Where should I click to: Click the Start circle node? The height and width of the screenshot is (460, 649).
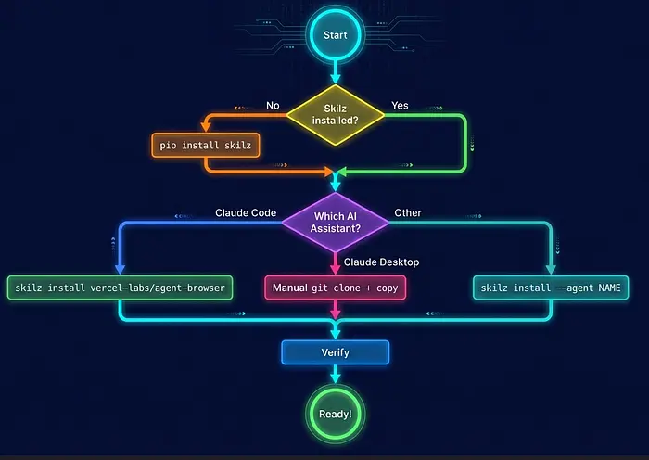tap(335, 36)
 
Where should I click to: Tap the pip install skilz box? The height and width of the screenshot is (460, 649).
tap(205, 145)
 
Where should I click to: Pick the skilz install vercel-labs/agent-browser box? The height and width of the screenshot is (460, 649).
tap(120, 288)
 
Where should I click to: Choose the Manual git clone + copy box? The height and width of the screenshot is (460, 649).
tap(335, 288)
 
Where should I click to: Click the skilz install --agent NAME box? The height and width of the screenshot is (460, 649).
tap(551, 288)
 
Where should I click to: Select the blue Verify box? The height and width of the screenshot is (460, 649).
tap(335, 352)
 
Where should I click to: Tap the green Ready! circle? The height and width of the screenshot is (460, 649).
tap(335, 414)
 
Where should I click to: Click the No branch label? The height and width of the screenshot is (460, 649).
tap(273, 106)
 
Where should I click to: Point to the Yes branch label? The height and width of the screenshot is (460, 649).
tap(401, 106)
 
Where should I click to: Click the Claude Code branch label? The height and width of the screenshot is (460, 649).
tap(246, 213)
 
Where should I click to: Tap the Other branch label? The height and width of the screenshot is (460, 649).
tap(407, 213)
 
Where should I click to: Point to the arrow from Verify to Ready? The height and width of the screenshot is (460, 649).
tap(335, 375)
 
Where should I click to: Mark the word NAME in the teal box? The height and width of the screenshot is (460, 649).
tap(606, 288)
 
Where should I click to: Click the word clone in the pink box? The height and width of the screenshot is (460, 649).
tap(353, 288)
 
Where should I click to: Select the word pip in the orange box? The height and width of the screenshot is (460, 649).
tap(170, 145)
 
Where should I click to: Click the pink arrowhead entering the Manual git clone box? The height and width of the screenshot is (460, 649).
tap(335, 272)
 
